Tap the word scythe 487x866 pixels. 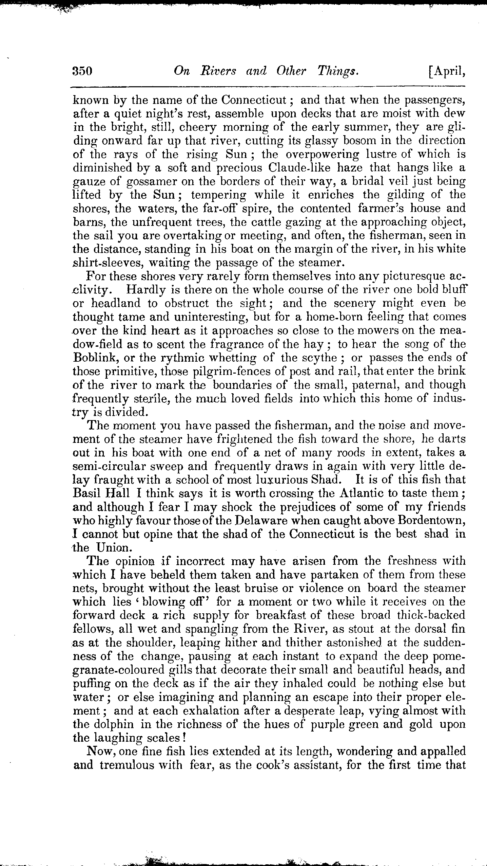click(x=317, y=358)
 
